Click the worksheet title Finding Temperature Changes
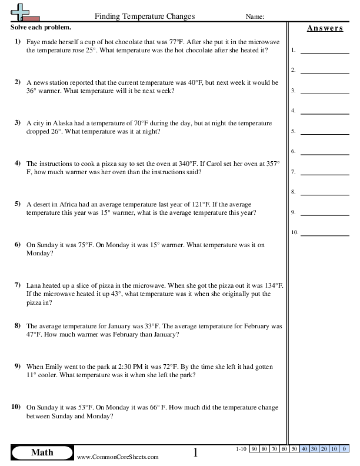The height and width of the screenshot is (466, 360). (x=144, y=16)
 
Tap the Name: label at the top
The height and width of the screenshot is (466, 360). (x=254, y=17)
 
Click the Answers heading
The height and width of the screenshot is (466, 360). (x=324, y=28)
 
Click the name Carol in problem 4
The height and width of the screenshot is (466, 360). (x=220, y=164)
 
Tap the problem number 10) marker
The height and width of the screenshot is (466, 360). (x=16, y=407)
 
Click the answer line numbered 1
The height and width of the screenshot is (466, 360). (x=324, y=51)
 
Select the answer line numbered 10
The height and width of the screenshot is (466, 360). (x=324, y=234)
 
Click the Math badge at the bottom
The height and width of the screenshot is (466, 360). (x=42, y=452)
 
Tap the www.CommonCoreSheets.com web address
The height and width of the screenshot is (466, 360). (x=118, y=457)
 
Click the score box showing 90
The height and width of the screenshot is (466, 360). (x=255, y=449)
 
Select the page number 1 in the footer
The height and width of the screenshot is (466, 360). (x=196, y=452)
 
